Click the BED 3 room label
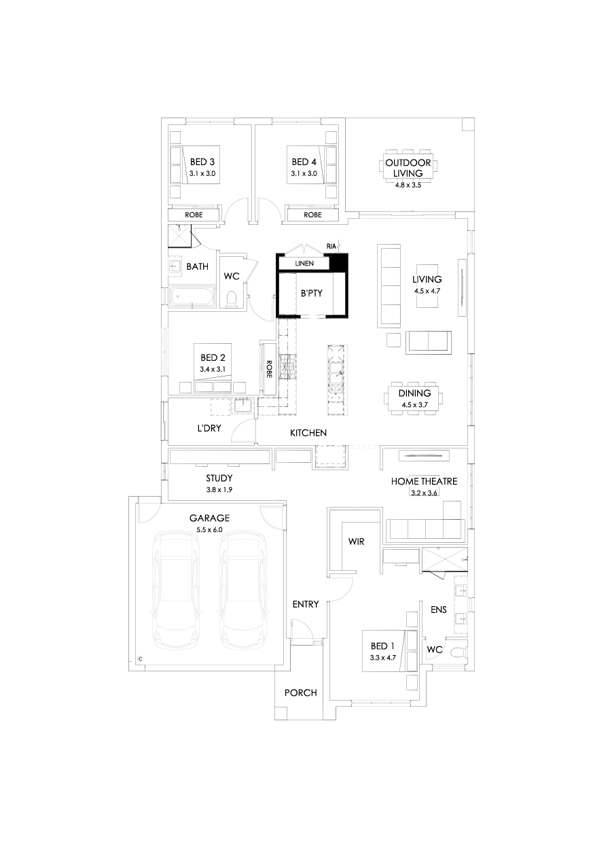coord(202,162)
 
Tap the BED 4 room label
coord(304,162)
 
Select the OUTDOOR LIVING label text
coord(408,168)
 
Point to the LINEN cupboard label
coord(304,264)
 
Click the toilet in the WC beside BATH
coord(231,299)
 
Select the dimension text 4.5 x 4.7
coord(427,290)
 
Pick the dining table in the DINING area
coord(414,398)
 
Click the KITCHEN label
coord(308,433)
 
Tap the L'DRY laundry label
coord(209,429)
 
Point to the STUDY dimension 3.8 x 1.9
coord(219,489)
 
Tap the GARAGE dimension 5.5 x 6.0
coord(209,529)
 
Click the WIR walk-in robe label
coord(357,542)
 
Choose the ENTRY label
coord(305,604)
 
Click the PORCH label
coord(300,693)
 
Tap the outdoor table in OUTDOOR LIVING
coord(408,165)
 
